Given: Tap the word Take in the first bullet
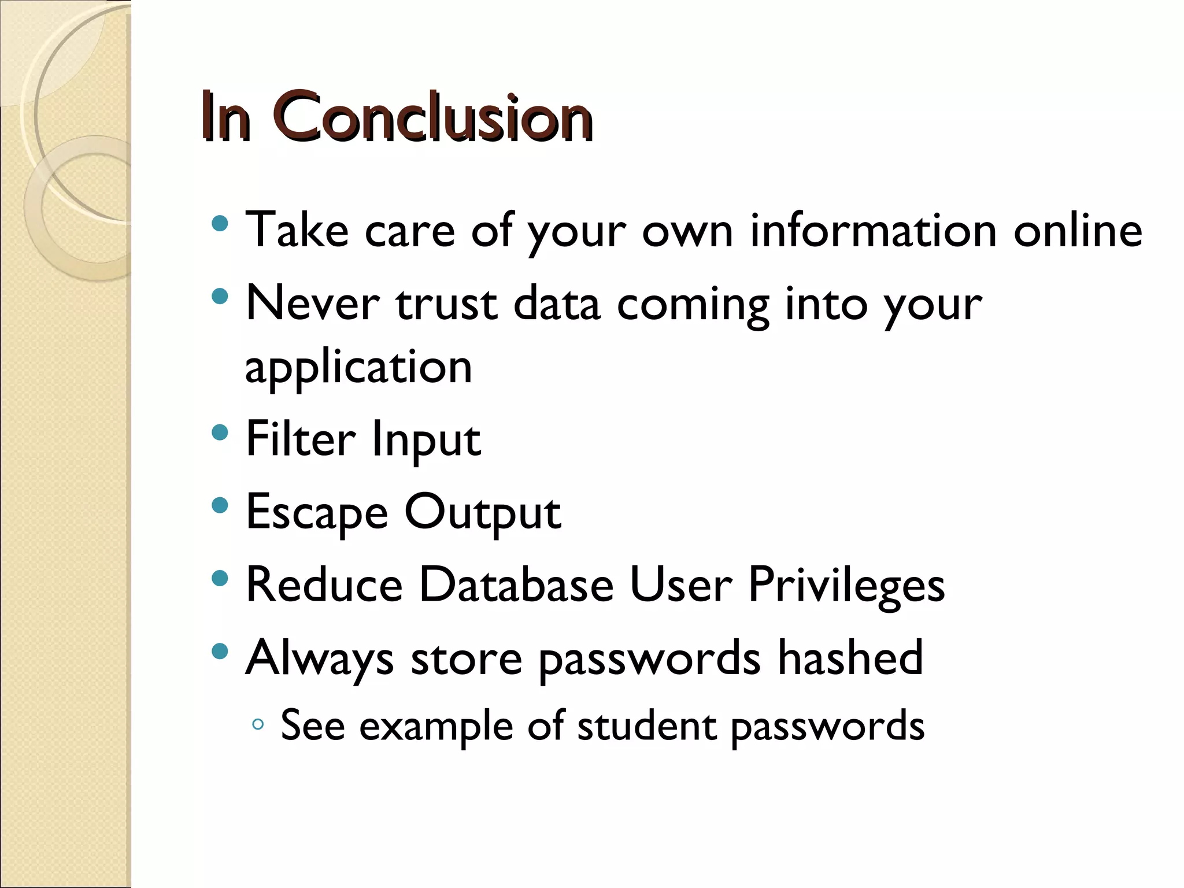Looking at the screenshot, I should (297, 230).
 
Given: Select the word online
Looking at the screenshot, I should (1078, 230).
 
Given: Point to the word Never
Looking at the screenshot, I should (313, 304).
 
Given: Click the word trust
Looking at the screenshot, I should (446, 304).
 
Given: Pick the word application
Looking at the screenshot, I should (358, 368).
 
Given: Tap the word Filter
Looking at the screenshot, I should (301, 439).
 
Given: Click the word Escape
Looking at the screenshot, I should (317, 513).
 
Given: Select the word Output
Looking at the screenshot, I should (482, 513).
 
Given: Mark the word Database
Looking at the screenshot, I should (516, 585).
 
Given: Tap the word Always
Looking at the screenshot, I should (320, 660).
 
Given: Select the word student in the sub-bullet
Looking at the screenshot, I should (646, 726).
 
